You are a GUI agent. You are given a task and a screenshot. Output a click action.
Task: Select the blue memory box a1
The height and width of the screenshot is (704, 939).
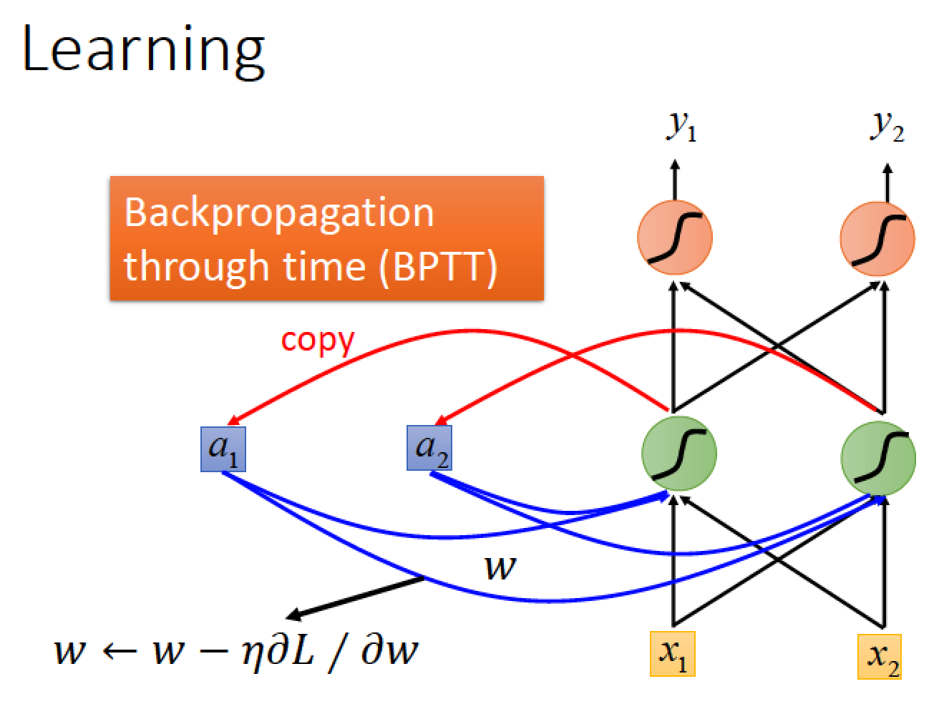(223, 449)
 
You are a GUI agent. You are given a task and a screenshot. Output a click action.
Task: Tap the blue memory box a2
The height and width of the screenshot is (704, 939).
(429, 448)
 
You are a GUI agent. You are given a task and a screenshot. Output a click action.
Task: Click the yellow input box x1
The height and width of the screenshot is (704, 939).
(672, 654)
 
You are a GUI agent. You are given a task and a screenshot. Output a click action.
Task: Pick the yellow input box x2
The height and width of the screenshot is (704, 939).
(879, 657)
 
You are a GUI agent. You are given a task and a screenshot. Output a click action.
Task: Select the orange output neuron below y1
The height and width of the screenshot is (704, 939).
(675, 238)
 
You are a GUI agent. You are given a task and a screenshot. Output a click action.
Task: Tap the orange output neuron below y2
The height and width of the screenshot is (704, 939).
(877, 238)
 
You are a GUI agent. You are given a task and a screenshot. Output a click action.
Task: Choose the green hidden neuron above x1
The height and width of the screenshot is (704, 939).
(679, 453)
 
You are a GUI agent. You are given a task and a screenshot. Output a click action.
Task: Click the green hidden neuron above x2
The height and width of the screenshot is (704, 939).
(878, 458)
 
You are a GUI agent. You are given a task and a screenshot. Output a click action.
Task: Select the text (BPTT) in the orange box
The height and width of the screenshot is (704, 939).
(439, 267)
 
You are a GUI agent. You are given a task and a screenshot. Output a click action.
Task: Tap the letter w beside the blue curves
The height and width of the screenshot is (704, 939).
(500, 567)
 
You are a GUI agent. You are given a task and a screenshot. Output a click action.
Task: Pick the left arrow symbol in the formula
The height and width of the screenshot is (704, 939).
(120, 652)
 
